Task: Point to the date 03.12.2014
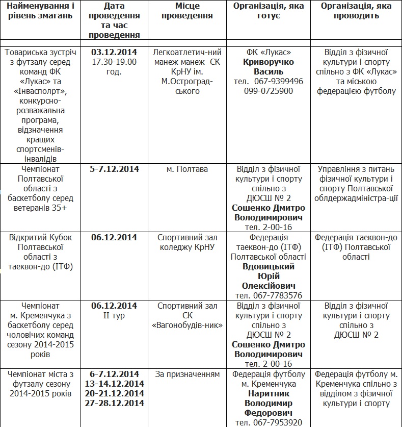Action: tap(114, 52)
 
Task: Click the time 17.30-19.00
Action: tap(114, 62)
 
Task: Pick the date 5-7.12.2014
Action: tap(114, 169)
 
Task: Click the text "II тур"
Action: tap(114, 315)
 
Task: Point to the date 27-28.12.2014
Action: tap(114, 403)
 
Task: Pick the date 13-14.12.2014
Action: tap(114, 384)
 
